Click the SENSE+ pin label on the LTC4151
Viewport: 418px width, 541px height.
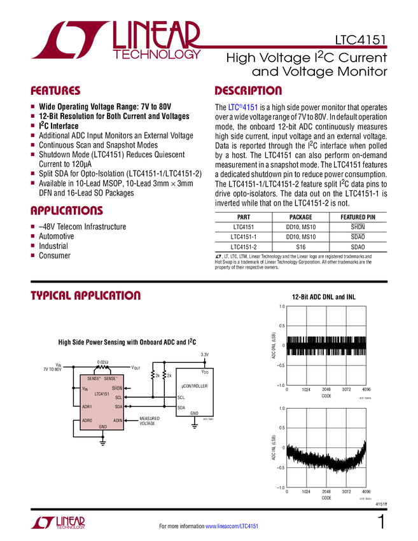point(94,379)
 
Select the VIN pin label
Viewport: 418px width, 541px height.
point(85,388)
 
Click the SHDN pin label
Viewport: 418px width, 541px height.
point(117,388)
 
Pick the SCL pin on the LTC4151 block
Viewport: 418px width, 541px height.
point(119,397)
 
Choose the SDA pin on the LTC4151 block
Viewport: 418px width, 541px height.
point(118,406)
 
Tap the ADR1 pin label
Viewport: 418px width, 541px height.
point(87,406)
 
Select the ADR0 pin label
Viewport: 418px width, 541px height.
point(87,420)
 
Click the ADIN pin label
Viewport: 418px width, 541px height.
point(118,420)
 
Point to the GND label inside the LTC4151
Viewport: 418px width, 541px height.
point(102,426)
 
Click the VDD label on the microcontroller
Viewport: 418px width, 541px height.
point(205,371)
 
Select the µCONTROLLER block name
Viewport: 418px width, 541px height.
point(195,386)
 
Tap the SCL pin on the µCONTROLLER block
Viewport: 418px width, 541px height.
point(181,397)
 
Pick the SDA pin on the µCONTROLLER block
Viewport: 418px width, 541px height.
point(181,407)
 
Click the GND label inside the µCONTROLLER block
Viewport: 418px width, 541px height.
point(194,413)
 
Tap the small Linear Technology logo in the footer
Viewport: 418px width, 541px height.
point(57,522)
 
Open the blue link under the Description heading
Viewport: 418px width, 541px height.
point(243,108)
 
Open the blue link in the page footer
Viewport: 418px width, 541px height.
point(232,526)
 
